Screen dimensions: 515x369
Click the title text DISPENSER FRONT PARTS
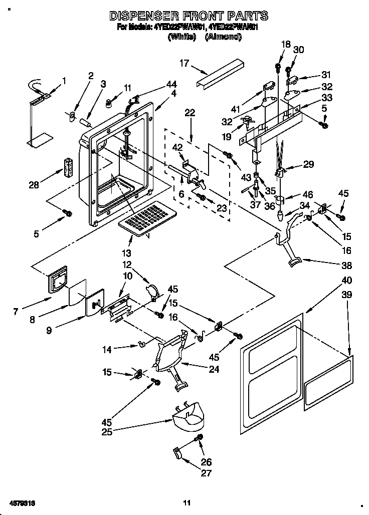189,16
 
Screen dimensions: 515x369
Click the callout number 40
347,281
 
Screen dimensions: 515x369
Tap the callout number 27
206,473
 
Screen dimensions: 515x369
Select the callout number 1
64,80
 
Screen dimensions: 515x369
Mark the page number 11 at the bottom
187,502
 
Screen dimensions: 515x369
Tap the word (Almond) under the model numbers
223,37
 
